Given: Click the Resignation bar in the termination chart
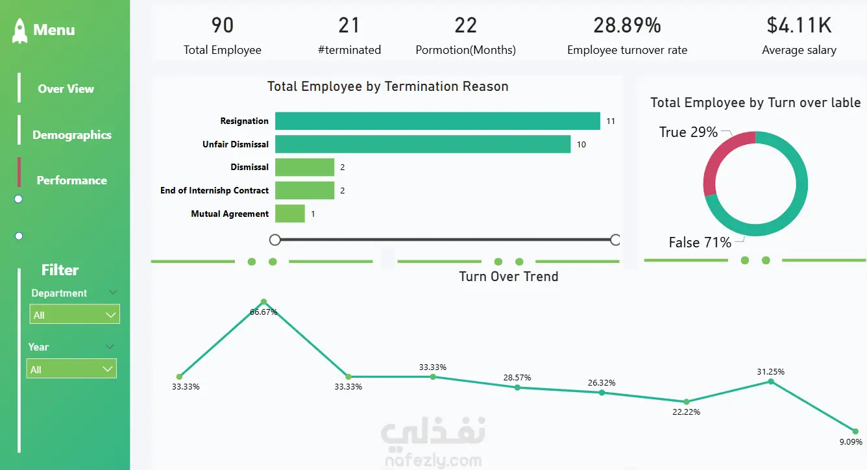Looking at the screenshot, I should point(437,121).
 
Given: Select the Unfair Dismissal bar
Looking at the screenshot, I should point(422,144).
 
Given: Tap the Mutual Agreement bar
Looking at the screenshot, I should point(289,214).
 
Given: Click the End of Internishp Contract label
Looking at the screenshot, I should point(214,190).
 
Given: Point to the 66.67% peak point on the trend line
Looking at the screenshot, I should point(263,302).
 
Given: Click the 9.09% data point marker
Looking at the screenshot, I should point(855,431).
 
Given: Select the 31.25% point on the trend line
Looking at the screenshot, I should point(771,381).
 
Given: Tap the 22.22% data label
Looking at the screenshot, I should point(687,412).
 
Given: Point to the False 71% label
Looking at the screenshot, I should point(700,243).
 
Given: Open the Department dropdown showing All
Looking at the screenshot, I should point(75,315).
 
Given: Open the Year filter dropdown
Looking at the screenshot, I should point(71,369).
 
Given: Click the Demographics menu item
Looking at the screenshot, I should point(72,135).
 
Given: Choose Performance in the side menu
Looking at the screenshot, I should point(71,180).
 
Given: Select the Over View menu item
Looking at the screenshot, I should point(66,89).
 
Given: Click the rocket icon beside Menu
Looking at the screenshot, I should point(20,31).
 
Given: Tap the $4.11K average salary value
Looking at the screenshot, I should point(799,25).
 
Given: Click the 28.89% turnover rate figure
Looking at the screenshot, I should point(627,25).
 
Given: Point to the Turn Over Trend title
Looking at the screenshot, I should point(508,277).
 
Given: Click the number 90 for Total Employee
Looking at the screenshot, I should point(222,25).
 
